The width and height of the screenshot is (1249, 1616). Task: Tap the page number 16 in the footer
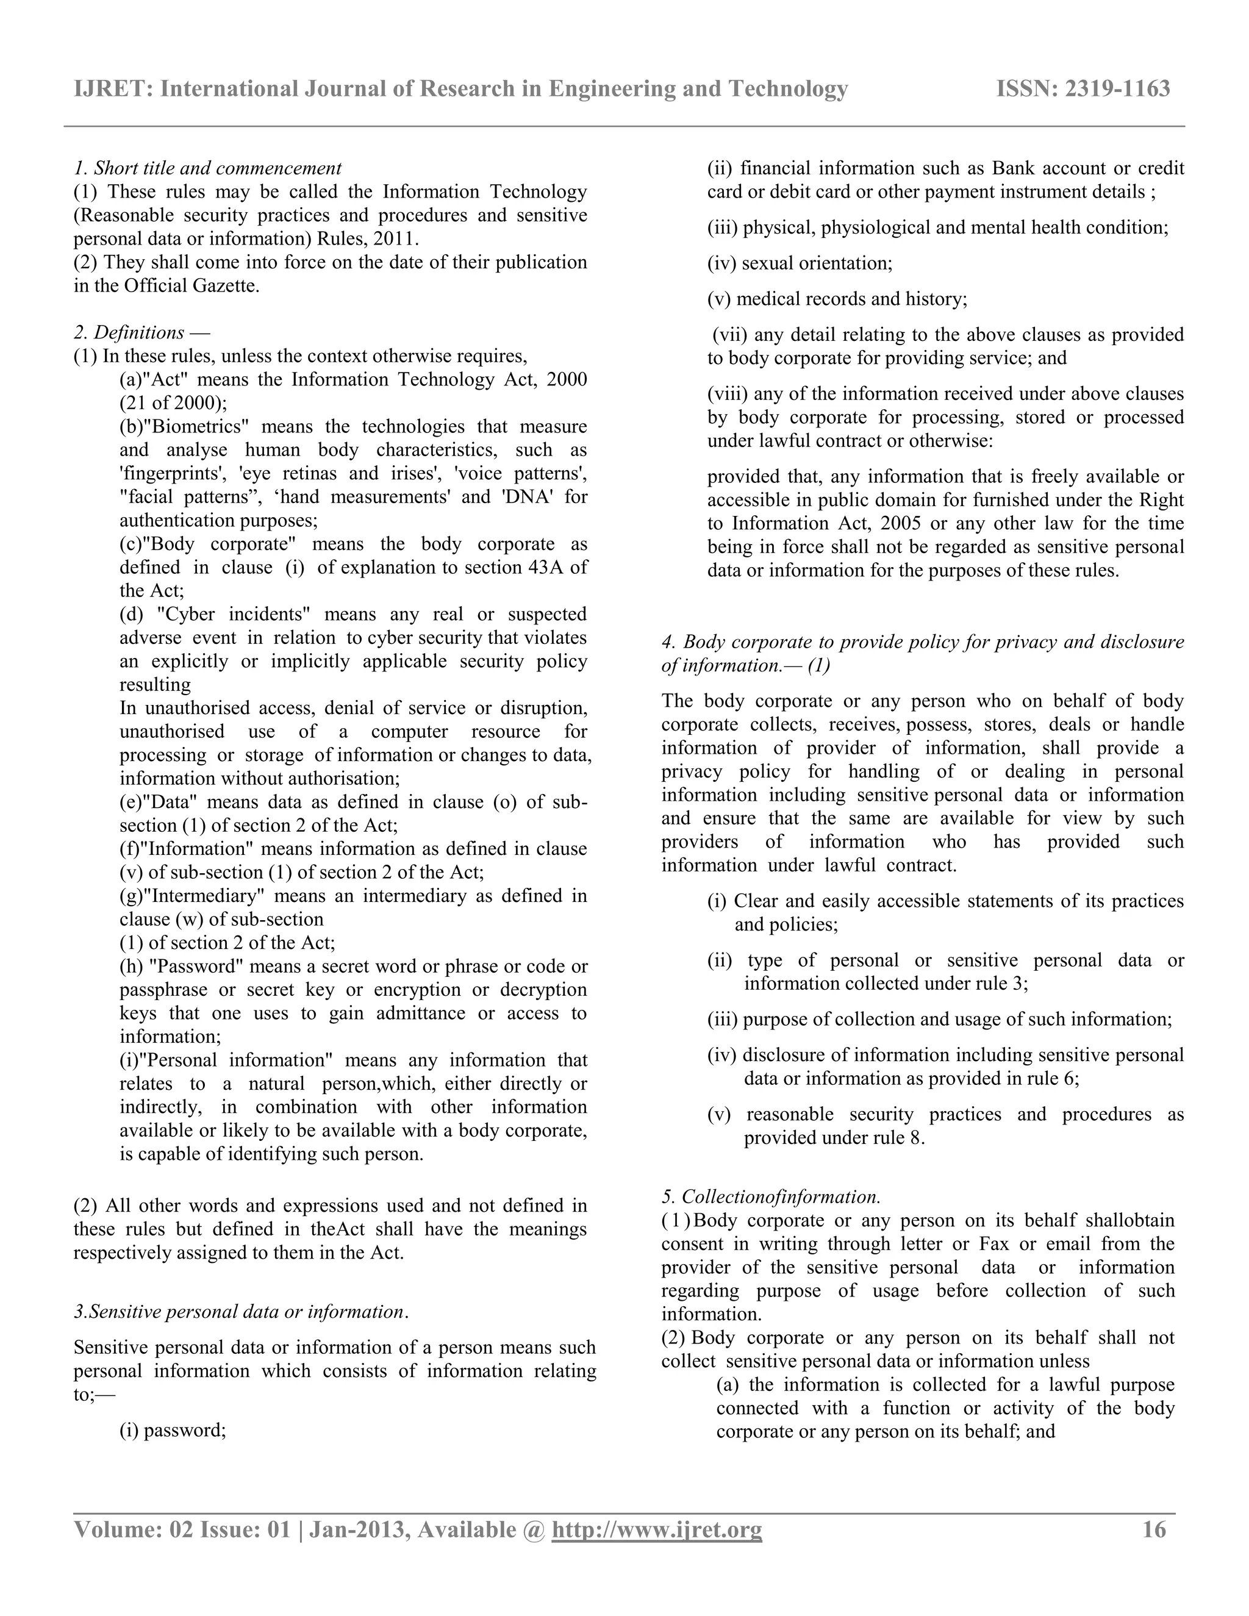coord(1154,1529)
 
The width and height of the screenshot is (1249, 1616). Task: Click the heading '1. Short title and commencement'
coord(208,168)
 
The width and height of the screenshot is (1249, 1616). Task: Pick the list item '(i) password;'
coord(173,1429)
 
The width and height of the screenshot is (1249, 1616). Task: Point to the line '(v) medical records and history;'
coord(837,299)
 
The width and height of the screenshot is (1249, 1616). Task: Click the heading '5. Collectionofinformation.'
coord(770,1196)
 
